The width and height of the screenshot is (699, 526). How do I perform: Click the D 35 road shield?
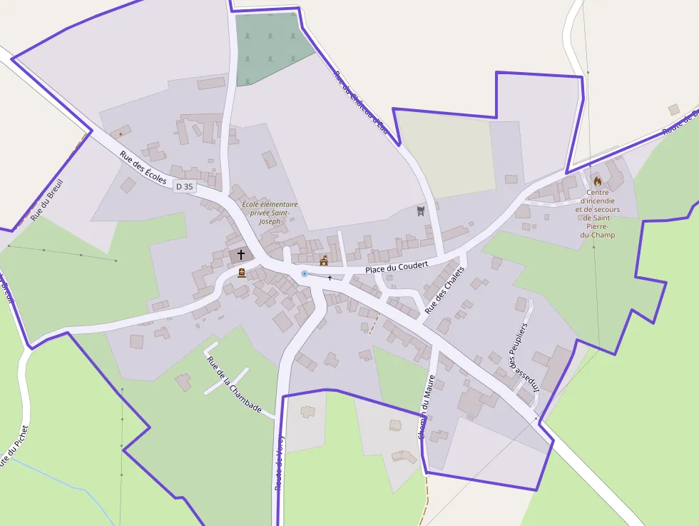click(184, 186)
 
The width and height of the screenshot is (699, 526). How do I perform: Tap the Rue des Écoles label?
click(143, 168)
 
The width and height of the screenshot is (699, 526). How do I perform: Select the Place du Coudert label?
click(397, 266)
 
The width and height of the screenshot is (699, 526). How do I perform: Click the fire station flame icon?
click(597, 181)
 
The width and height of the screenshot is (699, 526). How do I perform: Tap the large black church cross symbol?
click(241, 254)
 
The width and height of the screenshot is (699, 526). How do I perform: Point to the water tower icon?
click(420, 211)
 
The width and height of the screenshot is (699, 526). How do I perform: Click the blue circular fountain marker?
click(305, 273)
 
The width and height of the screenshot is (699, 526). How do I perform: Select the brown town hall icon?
click(323, 261)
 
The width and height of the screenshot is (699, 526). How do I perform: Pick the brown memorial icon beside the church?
click(241, 273)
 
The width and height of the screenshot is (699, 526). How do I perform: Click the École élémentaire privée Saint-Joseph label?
click(270, 213)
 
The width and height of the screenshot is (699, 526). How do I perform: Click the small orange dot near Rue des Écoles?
click(121, 133)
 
